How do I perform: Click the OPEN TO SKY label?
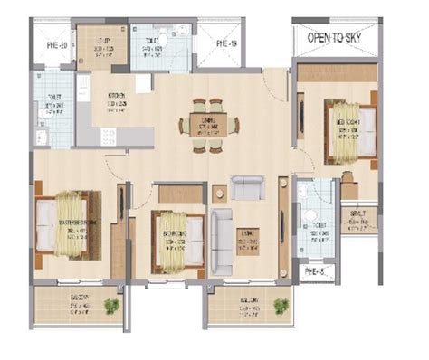point(337,38)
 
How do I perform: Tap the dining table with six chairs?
point(209,122)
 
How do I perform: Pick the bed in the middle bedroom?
point(174,239)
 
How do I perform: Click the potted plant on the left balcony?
point(110,307)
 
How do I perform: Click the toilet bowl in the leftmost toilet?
point(42,136)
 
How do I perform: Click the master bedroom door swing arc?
point(116,166)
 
